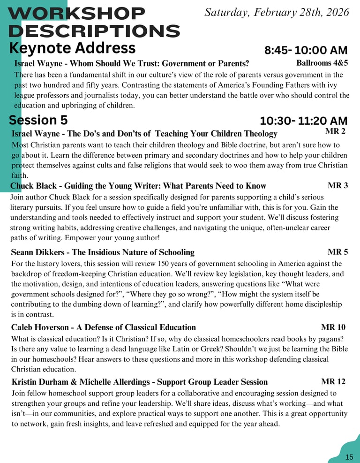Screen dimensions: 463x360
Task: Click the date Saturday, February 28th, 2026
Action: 277,13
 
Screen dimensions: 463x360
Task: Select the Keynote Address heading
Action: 72,48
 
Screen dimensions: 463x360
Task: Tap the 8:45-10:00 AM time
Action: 306,50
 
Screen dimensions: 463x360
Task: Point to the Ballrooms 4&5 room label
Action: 322,63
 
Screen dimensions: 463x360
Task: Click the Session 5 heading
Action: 38,120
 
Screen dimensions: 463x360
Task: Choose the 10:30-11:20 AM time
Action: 304,121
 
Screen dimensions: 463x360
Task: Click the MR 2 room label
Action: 335,131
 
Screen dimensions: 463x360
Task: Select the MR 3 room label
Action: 337,185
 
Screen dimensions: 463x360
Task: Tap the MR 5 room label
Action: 337,252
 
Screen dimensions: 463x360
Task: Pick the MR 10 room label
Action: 333,327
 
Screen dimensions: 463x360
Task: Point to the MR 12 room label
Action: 333,381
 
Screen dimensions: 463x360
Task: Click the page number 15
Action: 349,457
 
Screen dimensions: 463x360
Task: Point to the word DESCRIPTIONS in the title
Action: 94,31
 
